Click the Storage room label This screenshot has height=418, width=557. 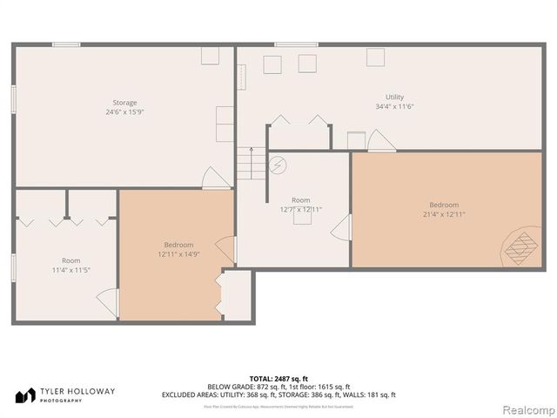[124, 103]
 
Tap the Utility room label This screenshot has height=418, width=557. [394, 97]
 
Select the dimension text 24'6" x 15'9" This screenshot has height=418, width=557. [124, 112]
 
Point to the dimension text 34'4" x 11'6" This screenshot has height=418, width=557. [394, 106]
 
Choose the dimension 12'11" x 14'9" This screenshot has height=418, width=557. [178, 254]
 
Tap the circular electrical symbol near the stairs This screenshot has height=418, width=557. [278, 164]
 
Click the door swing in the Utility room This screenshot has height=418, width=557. [380, 140]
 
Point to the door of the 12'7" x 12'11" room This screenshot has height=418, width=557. [341, 229]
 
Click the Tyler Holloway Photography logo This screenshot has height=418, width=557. [65, 395]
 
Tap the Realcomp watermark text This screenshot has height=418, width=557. [524, 408]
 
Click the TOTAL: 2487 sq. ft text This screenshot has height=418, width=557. [278, 378]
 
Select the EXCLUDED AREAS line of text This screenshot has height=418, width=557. [278, 395]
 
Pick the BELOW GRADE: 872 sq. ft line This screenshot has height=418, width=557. [278, 387]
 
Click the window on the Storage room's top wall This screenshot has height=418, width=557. [66, 44]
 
